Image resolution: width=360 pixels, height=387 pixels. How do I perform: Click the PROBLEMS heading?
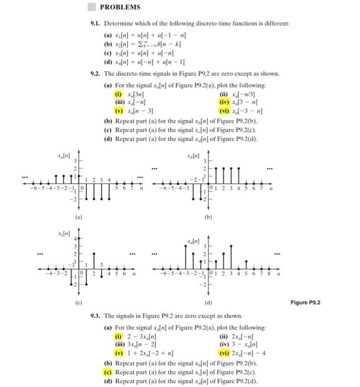coord(120,7)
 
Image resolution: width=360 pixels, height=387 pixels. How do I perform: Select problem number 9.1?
coord(97,24)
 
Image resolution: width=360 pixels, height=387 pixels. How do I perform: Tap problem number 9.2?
coord(97,74)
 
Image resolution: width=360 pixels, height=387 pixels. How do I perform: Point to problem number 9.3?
coord(97,316)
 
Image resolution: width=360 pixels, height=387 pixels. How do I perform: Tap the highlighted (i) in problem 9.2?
coord(118,94)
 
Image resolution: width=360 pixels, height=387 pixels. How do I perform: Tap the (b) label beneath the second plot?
coord(208,217)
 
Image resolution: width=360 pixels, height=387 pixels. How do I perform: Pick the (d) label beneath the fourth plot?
coord(208,302)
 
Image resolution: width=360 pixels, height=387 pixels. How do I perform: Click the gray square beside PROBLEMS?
coord(91,7)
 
